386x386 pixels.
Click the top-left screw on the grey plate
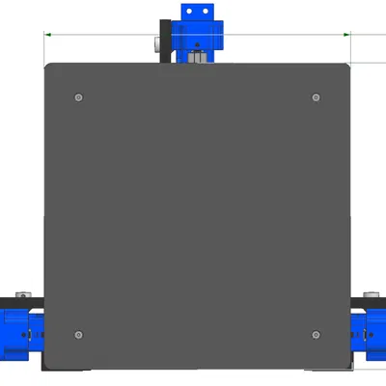point(78,96)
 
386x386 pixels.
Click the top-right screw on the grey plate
point(316,96)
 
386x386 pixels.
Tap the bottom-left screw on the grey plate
point(78,334)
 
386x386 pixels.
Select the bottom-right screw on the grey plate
point(316,334)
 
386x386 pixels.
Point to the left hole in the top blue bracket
point(189,12)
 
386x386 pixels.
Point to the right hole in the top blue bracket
point(206,12)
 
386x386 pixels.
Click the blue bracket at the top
point(198,33)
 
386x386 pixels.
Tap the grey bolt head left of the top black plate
point(156,44)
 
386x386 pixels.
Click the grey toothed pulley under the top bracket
point(197,57)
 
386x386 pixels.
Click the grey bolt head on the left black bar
point(23,294)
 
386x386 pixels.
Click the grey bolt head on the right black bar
point(371,294)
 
